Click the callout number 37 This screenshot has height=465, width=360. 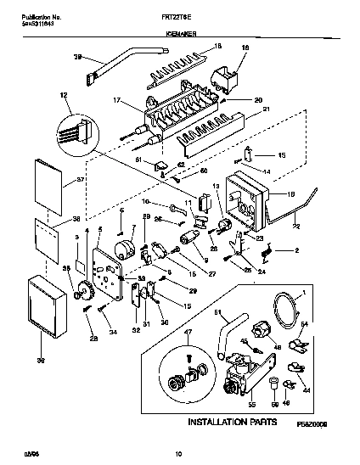[58, 179]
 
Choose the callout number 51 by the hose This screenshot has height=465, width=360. [216, 315]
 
